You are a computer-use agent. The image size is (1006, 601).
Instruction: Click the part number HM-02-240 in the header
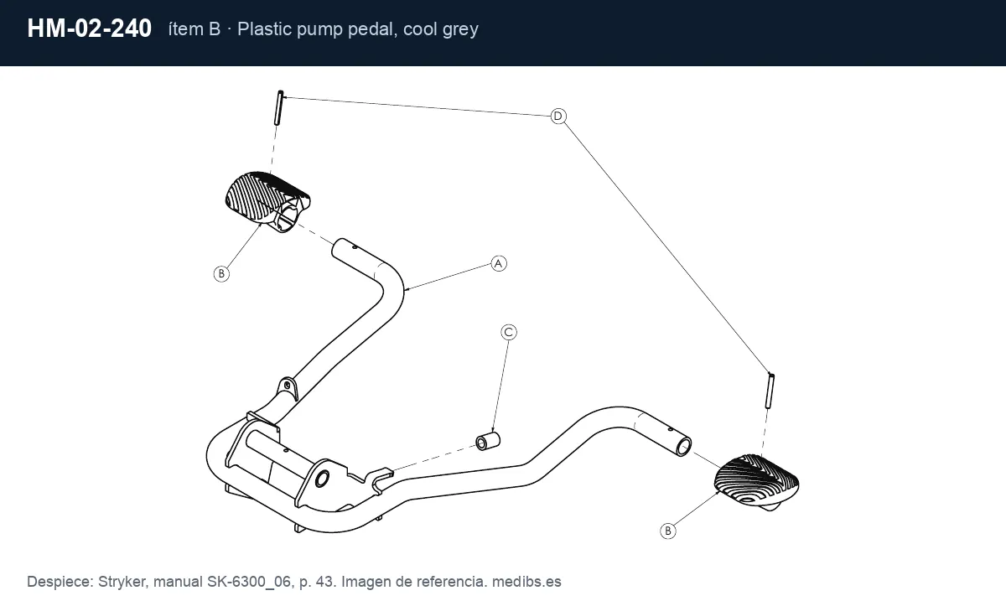90,28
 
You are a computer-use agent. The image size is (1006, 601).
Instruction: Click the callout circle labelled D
558,117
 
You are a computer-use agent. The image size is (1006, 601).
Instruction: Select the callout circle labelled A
498,264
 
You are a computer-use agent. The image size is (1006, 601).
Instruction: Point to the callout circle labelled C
509,333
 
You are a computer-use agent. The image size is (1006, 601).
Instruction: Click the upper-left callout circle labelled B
221,274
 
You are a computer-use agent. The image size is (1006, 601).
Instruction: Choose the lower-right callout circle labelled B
668,531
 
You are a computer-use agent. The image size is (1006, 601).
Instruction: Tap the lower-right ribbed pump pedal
756,482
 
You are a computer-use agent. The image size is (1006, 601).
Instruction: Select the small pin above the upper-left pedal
279,108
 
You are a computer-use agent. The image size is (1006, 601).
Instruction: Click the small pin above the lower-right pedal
770,391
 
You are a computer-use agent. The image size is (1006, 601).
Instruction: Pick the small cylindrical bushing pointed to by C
488,441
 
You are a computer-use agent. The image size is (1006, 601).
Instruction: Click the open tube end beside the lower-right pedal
683,447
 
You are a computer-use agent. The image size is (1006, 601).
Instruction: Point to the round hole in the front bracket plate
322,479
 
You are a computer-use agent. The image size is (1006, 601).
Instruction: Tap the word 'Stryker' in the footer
122,582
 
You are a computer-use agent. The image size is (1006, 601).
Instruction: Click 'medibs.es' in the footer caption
526,582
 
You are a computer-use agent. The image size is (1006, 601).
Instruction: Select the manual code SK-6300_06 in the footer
248,582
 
